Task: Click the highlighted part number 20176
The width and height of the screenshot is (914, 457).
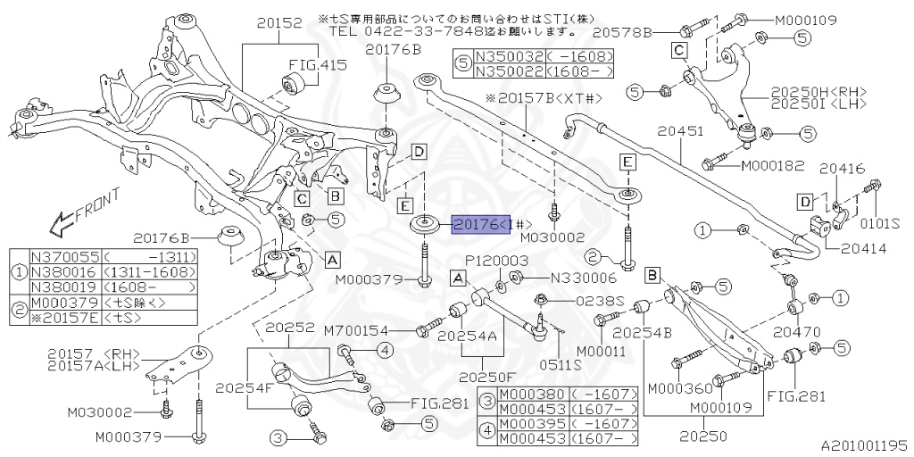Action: pyautogui.click(x=480, y=224)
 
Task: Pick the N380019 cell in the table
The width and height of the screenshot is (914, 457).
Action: pyautogui.click(x=66, y=287)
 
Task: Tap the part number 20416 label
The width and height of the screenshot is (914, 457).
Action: pyautogui.click(x=841, y=167)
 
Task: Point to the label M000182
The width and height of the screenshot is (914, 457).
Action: pyautogui.click(x=772, y=165)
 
